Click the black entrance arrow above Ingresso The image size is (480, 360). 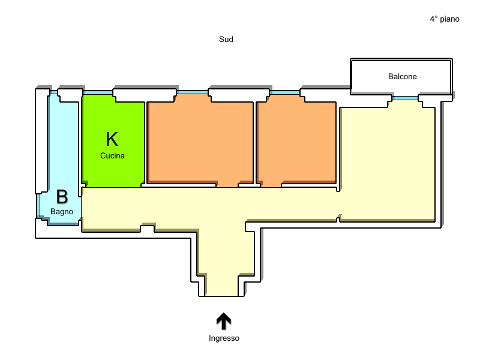click(x=224, y=321)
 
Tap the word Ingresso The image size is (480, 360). click(x=224, y=338)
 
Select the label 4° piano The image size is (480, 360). click(x=445, y=19)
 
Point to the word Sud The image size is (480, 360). click(x=226, y=39)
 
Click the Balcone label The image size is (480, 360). click(x=402, y=77)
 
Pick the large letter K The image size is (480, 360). click(x=112, y=139)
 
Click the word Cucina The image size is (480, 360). click(x=112, y=156)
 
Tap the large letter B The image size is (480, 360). click(x=62, y=197)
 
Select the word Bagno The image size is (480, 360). click(x=62, y=212)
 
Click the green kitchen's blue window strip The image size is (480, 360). click(x=98, y=92)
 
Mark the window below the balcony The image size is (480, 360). click(x=405, y=98)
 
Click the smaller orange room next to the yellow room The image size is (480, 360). click(x=296, y=141)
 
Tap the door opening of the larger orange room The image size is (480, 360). click(x=227, y=184)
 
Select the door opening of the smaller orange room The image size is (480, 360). click(x=271, y=184)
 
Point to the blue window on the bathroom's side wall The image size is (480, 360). click(x=38, y=206)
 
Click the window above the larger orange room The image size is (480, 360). click(x=192, y=92)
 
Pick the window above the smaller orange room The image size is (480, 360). click(x=284, y=92)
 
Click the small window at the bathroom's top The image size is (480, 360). click(x=54, y=92)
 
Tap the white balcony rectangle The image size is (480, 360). click(x=401, y=77)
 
